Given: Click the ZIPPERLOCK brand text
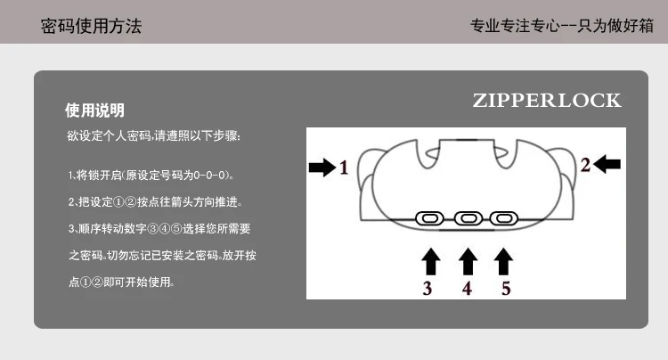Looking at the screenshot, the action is coord(547,101).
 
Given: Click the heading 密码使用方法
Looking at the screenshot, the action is coord(91,26).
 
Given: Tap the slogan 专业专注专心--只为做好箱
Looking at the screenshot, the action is coord(561,26).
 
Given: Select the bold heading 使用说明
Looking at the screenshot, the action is coord(94,110).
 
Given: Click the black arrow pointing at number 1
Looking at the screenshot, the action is coord(322,167).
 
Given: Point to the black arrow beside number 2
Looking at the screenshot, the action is coord(607,164).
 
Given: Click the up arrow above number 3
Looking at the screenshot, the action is coord(431,262).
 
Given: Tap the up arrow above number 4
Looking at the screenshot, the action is coord(468,262).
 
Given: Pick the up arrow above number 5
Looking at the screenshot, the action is coord(503,262).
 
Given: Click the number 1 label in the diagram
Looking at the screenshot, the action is coord(344,168).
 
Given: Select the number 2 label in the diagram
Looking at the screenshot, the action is coord(585,165).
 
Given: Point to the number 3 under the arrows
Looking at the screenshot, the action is coord(428,289).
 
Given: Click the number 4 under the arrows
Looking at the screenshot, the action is coord(467,289).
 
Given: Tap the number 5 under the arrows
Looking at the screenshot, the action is coord(506,289).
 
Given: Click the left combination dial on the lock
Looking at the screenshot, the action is coord(430,218).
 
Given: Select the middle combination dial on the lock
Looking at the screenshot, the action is coord(468,218).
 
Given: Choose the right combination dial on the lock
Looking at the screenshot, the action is coord(504,218).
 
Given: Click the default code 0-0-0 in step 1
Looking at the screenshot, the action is coord(208,176).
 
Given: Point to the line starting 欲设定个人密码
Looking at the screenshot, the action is coord(154,136).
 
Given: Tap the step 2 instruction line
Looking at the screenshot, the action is coord(156,202).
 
